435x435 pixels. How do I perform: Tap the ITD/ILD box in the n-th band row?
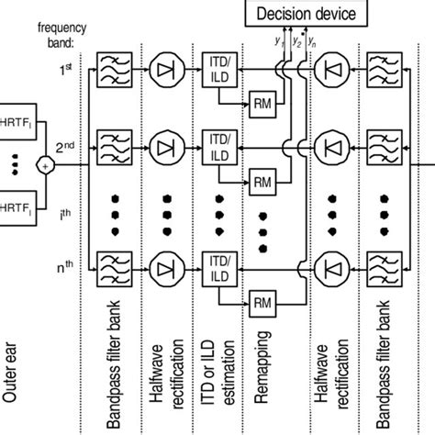point(218,266)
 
